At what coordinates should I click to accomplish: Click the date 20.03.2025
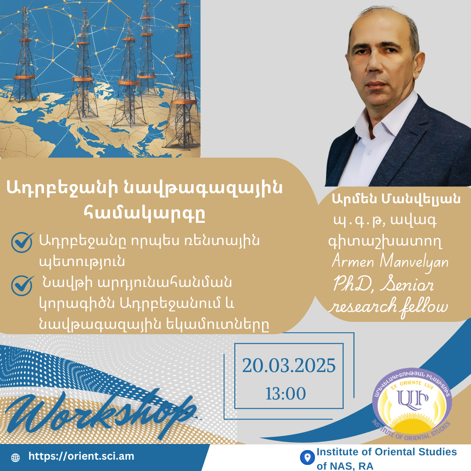point(289,365)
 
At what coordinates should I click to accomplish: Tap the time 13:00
point(286,393)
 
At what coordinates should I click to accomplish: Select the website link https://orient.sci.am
point(81,456)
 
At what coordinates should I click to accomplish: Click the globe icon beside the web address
point(15,457)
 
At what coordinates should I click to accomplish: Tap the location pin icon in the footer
point(307,457)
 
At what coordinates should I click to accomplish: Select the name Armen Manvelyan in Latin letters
point(390,261)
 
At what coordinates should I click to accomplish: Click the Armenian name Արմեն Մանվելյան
point(396,199)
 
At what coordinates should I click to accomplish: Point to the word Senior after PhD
point(407,284)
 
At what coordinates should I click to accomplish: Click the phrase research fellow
point(389,307)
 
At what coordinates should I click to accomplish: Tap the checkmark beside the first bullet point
point(22,242)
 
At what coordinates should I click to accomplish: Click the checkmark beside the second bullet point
point(22,285)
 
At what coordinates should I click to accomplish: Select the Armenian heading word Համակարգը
point(144,213)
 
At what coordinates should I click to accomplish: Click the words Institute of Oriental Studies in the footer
point(386,452)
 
